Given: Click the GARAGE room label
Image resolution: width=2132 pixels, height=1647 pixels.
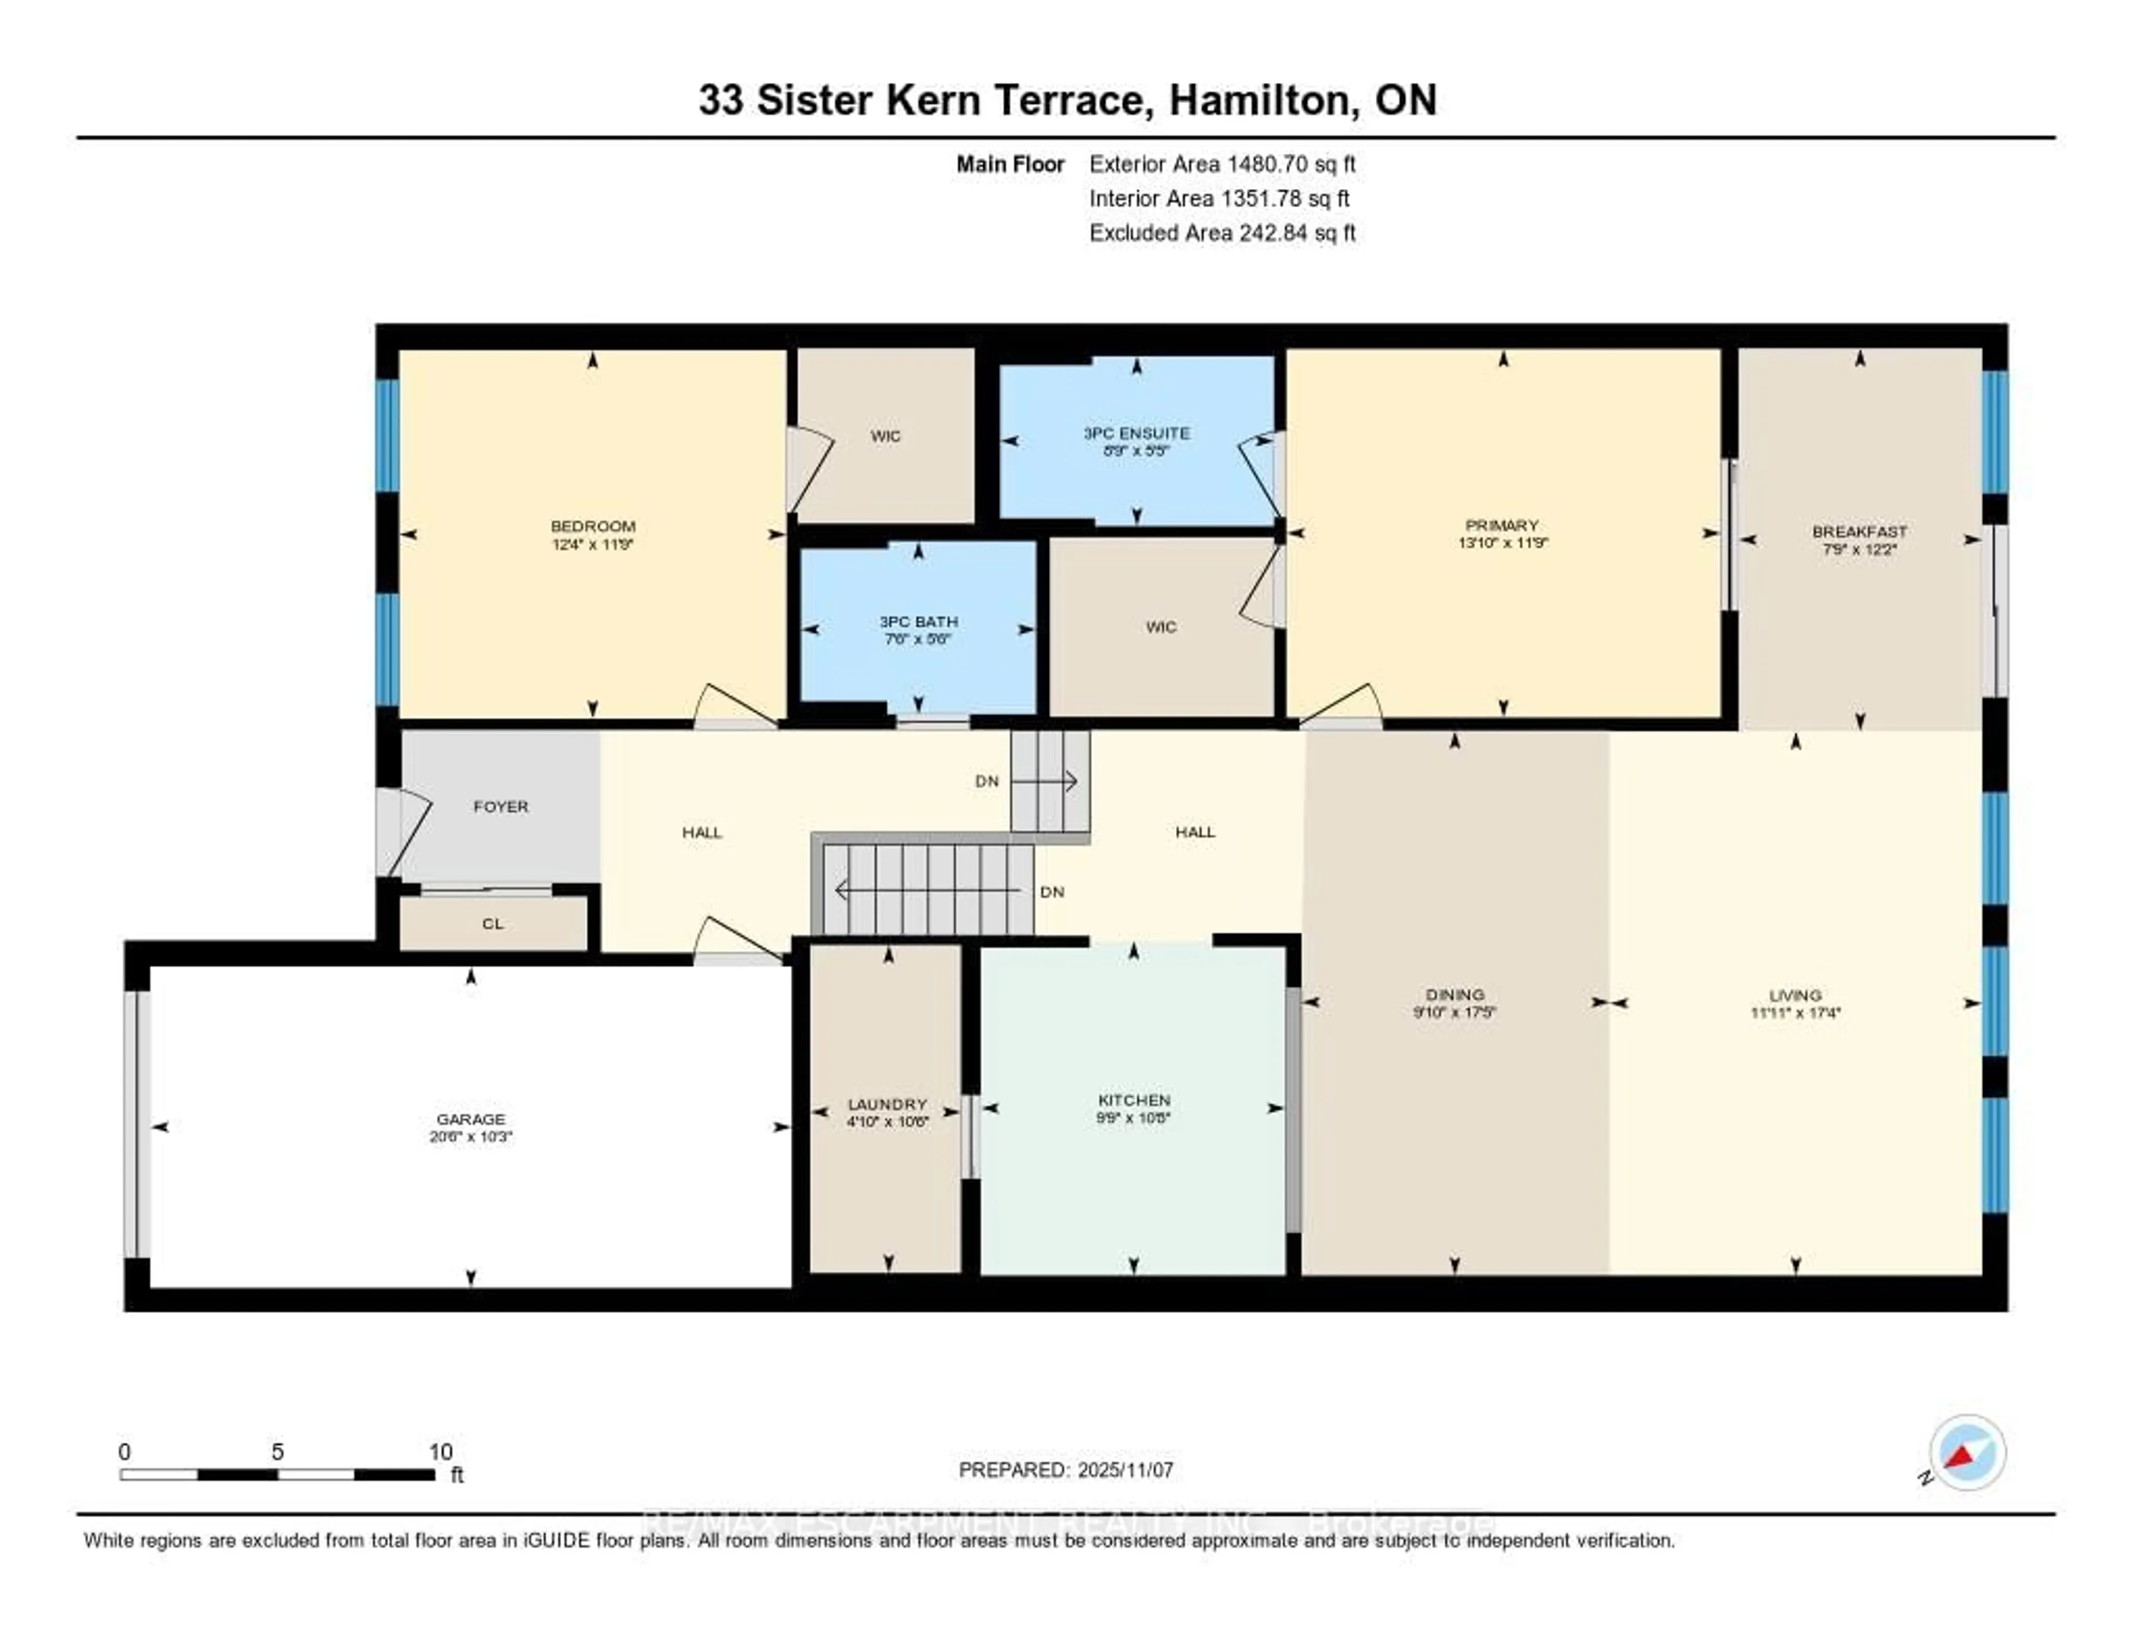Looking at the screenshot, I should (470, 1119).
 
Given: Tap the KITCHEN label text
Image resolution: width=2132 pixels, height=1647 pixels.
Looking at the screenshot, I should (1133, 1099).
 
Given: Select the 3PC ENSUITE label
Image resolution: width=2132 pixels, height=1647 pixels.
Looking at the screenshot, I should (1137, 433).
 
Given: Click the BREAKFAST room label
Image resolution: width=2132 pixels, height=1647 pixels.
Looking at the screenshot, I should (1859, 531).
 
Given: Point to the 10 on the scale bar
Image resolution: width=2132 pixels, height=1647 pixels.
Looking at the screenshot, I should (440, 1452).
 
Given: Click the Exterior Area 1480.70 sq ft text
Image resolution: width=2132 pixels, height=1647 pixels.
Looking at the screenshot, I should (1222, 164).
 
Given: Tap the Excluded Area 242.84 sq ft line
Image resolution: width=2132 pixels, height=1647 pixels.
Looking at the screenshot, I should (1222, 232).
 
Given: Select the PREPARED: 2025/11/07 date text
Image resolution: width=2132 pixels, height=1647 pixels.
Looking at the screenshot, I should (1066, 1469).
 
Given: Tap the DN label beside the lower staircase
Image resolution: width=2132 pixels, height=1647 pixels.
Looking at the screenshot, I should (1052, 891).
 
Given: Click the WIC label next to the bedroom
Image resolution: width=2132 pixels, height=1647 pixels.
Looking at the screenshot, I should (886, 435).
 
